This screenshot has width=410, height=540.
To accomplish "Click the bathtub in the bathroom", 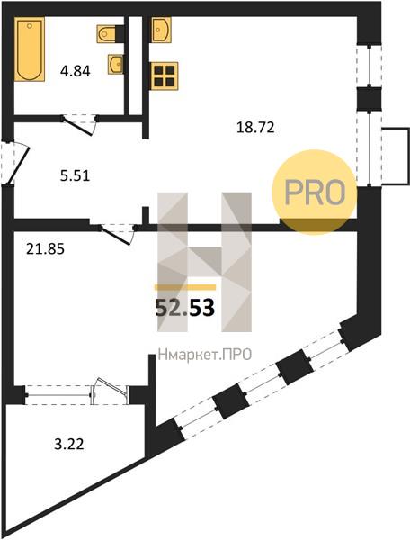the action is tap(30, 49).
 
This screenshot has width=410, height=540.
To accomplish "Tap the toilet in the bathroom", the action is tap(106, 34).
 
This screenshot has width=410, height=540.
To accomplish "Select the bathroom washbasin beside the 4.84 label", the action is tap(116, 64).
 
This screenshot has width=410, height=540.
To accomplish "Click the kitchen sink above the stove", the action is tap(161, 30).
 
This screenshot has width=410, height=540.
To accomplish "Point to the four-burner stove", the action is tap(165, 76).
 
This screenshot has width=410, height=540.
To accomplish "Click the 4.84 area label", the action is tap(75, 71).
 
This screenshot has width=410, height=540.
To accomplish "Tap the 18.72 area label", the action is tap(255, 128).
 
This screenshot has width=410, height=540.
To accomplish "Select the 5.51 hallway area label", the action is tap(75, 176).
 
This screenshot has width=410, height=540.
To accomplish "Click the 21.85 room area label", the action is tap(45, 248).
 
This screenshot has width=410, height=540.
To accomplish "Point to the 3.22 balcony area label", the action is tap(69, 445).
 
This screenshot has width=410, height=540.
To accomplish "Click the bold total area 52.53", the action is tap(185, 308).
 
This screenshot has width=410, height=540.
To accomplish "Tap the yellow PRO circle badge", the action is tap(315, 193).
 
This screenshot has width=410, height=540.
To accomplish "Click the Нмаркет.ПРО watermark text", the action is tap(205, 355).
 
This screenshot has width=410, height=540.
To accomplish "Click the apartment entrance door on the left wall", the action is tap(14, 163).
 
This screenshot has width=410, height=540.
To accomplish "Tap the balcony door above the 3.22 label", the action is tap(110, 391).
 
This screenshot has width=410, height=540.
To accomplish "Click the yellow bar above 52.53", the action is tap(185, 287).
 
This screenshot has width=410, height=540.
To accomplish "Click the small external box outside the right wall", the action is tap(396, 157).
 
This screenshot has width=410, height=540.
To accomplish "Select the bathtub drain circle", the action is tap(30, 25).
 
